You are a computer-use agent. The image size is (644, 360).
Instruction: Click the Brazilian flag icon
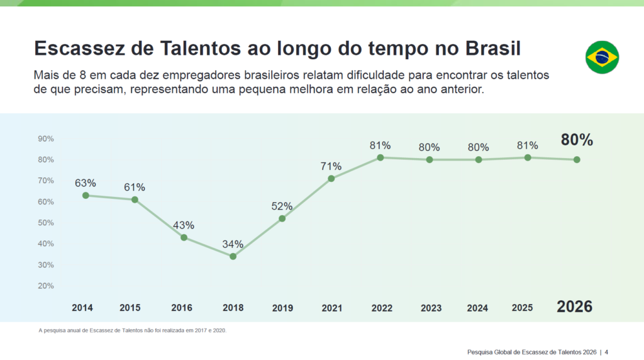click(x=602, y=58)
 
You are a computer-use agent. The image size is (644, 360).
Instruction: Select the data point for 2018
click(x=233, y=256)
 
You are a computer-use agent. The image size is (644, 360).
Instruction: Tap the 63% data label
click(x=86, y=183)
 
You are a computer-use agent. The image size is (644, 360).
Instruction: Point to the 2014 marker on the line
click(x=86, y=195)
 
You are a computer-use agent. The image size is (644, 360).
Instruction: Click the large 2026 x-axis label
click(x=574, y=307)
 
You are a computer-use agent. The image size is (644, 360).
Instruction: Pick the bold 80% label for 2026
click(x=577, y=140)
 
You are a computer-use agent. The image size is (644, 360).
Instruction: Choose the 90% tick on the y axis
click(x=46, y=138)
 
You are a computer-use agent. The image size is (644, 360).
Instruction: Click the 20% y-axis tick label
click(x=46, y=286)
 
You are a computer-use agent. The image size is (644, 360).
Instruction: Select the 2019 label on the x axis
click(x=282, y=308)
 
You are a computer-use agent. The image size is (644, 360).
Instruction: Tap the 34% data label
click(x=233, y=244)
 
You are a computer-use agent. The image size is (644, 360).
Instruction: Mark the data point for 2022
click(x=380, y=157)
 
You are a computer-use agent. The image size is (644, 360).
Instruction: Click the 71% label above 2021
click(x=331, y=166)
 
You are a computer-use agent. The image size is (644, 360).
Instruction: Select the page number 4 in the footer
click(x=606, y=351)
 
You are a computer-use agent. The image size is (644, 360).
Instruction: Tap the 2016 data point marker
click(x=184, y=237)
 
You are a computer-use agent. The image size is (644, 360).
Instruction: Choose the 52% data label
click(x=282, y=206)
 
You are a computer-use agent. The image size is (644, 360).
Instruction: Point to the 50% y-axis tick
click(x=46, y=223)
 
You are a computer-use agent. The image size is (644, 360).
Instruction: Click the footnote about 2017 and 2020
click(x=132, y=330)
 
